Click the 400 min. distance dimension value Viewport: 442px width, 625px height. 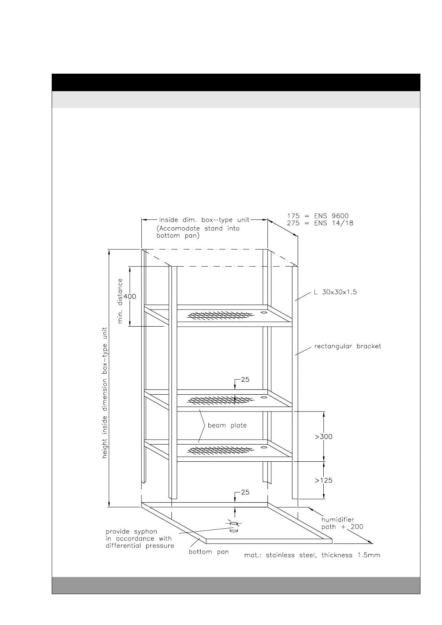tap(130, 297)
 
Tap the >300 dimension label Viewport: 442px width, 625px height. tap(324, 436)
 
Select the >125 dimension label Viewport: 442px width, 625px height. tap(324, 480)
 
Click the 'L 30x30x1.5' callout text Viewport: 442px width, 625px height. tap(335, 292)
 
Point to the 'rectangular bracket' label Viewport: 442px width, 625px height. tap(347, 346)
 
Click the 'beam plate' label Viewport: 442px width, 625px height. tap(227, 425)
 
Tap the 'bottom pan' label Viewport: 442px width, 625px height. tap(209, 552)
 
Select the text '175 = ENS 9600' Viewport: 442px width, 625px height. tap(318, 216)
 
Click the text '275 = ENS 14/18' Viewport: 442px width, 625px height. tap(320, 223)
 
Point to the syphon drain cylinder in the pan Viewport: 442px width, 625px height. tap(234, 527)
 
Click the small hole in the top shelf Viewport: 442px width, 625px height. tap(264, 312)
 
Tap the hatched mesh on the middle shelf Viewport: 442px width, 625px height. tap(220, 400)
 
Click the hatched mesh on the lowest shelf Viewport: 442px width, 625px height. tap(220, 451)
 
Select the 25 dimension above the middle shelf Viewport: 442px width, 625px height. tap(245, 379)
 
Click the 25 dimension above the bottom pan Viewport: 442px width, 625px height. tap(245, 492)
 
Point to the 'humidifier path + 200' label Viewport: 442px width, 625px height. tap(342, 523)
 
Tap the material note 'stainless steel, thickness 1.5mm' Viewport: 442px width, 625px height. tap(312, 555)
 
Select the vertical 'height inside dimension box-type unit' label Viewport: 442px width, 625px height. tap(105, 392)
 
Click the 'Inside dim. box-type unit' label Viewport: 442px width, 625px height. tap(204, 220)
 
